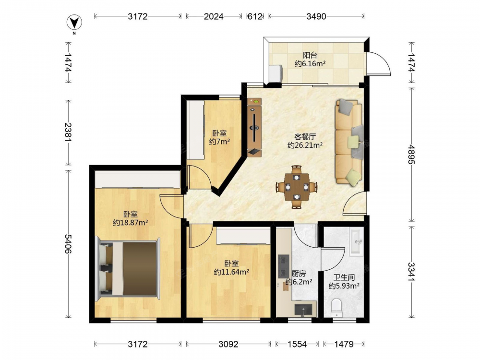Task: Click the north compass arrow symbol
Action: [x=74, y=23]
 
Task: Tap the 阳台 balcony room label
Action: [x=310, y=55]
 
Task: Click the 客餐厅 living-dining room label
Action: [x=305, y=136]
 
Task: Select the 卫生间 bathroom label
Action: [x=344, y=277]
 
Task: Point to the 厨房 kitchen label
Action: [x=299, y=274]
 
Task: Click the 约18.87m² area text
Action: [x=131, y=223]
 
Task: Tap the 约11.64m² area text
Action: [x=231, y=272]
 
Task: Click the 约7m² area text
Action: [x=219, y=142]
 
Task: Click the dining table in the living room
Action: [x=296, y=187]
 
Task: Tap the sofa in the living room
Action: [x=349, y=142]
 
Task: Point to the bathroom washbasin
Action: [x=356, y=242]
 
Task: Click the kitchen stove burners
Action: [x=284, y=266]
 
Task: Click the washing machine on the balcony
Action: [x=276, y=74]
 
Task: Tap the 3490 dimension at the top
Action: [x=316, y=16]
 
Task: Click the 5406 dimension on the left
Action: [x=68, y=244]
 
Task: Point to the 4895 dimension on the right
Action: [x=411, y=154]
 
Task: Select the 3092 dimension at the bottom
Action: [x=228, y=344]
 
